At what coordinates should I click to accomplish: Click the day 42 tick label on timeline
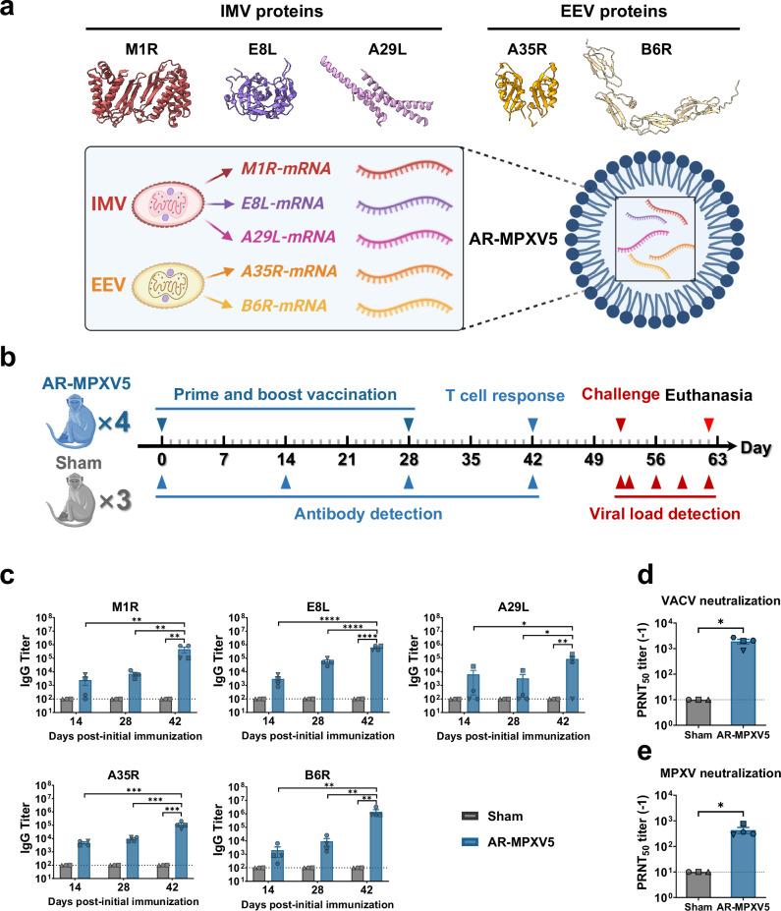point(532,459)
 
